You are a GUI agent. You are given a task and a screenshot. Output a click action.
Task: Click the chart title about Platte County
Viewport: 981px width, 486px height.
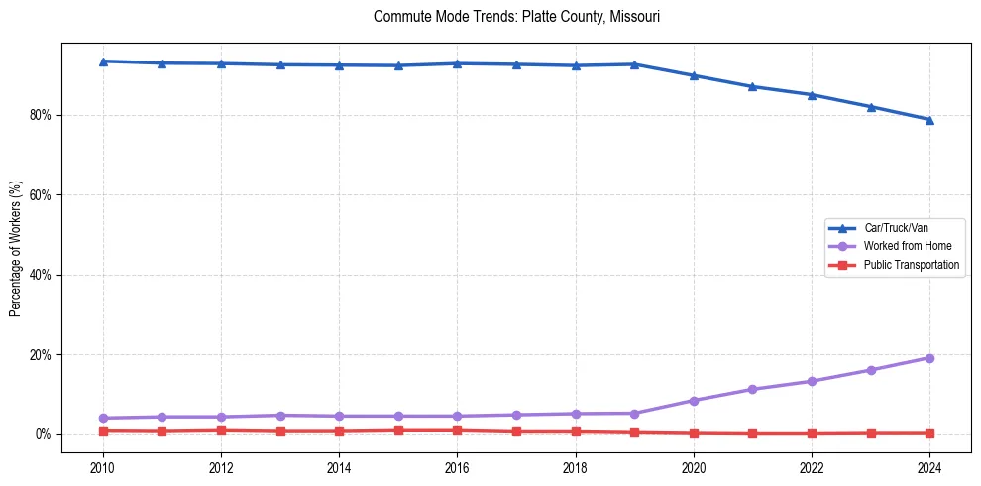[516, 17]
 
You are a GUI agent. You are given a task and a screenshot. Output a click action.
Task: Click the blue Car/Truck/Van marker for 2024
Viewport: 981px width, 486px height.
[929, 120]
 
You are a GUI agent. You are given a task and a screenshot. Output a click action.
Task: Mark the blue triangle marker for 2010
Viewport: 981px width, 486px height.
[103, 61]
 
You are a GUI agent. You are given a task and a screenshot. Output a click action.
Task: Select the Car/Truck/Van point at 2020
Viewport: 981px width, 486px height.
[694, 75]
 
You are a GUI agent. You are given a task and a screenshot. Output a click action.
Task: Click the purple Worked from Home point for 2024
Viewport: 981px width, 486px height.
[929, 358]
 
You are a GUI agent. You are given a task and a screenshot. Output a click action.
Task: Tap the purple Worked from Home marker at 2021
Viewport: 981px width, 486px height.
[752, 389]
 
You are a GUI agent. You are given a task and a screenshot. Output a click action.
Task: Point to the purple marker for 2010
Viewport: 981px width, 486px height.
[103, 418]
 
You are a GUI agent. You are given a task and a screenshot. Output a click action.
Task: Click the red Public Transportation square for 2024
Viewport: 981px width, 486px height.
[929, 433]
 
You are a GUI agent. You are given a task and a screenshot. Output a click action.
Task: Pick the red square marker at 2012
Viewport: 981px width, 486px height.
[221, 430]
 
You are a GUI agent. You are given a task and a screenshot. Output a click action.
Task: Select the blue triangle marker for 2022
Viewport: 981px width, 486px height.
[812, 95]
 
